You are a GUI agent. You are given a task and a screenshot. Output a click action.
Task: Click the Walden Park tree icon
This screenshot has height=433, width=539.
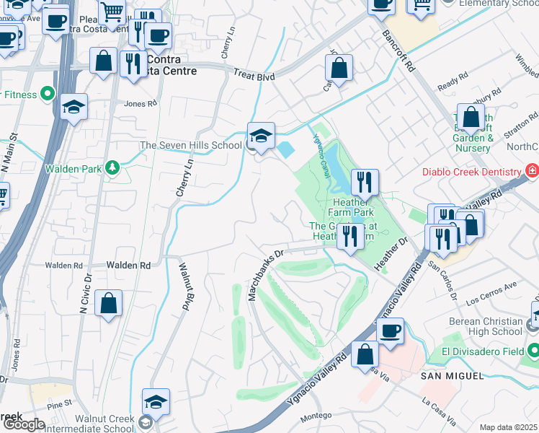tap(112, 168)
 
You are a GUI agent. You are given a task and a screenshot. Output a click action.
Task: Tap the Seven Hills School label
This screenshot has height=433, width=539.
tap(191, 145)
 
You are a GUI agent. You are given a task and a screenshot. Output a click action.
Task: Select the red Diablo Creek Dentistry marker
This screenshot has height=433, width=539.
tap(532, 172)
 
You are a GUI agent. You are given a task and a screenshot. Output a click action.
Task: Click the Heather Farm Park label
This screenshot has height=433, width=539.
tap(352, 208)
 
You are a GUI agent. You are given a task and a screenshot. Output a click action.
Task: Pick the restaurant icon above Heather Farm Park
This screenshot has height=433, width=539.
tap(365, 182)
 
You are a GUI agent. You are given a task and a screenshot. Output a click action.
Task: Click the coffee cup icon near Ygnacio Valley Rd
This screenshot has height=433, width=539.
tap(390, 331)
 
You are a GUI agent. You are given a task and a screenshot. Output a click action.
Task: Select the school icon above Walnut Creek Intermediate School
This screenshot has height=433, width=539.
tap(156, 401)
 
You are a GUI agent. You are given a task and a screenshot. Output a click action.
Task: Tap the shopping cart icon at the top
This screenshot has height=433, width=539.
tap(112, 12)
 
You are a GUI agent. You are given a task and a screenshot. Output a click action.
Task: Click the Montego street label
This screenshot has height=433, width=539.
tap(316, 416)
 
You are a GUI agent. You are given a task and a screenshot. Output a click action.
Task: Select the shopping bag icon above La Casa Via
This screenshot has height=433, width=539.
tap(365, 354)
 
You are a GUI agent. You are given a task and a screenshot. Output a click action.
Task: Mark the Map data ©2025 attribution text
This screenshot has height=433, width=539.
tap(509, 427)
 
